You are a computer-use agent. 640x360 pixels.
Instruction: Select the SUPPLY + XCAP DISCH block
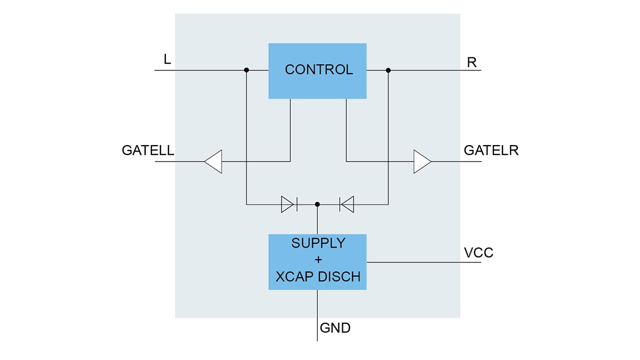click(x=317, y=262)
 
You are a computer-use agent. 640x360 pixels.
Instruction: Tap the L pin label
click(x=167, y=60)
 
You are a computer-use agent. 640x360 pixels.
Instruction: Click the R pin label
click(x=471, y=62)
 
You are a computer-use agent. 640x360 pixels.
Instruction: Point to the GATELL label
click(x=148, y=150)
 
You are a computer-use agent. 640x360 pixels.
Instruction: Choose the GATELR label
click(x=491, y=150)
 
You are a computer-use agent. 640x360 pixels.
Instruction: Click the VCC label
click(x=478, y=253)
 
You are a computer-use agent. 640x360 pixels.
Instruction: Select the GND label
click(x=335, y=328)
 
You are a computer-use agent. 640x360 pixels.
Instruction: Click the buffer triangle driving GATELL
click(x=213, y=161)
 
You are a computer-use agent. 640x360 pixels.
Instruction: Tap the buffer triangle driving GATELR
click(x=422, y=161)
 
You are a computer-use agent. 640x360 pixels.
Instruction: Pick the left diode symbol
click(x=289, y=204)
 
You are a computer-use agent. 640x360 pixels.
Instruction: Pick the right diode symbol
click(x=347, y=204)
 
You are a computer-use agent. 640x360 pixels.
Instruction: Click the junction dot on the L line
click(x=246, y=70)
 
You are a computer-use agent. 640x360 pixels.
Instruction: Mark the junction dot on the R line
click(x=388, y=70)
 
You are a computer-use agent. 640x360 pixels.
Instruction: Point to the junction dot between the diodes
click(x=317, y=204)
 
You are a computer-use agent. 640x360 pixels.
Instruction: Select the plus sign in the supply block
click(x=318, y=260)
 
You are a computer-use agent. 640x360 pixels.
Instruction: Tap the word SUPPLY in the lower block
click(x=318, y=243)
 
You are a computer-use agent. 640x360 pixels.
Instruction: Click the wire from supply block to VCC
click(x=416, y=262)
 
